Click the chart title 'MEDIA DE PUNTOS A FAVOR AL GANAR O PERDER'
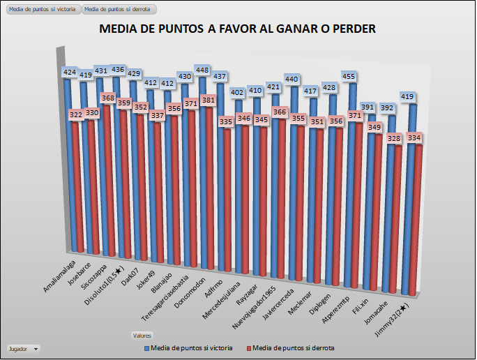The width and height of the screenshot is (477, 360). point(238,29)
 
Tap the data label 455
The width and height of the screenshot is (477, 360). point(348,77)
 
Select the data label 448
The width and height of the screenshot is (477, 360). point(203,70)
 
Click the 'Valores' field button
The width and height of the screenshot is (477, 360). point(142,336)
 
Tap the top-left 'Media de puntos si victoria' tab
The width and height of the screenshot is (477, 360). point(42,9)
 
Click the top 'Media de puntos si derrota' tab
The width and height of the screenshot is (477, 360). point(119,9)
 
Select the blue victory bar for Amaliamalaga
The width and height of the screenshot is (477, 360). point(68,167)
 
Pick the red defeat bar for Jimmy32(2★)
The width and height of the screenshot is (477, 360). point(416,223)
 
